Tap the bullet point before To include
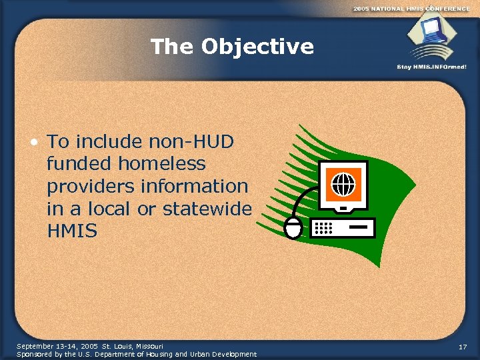(x=33, y=141)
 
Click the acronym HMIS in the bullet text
(x=72, y=231)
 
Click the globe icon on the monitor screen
(x=343, y=183)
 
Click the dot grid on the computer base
(x=323, y=228)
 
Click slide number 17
(x=463, y=347)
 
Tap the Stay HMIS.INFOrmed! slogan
(x=431, y=67)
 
